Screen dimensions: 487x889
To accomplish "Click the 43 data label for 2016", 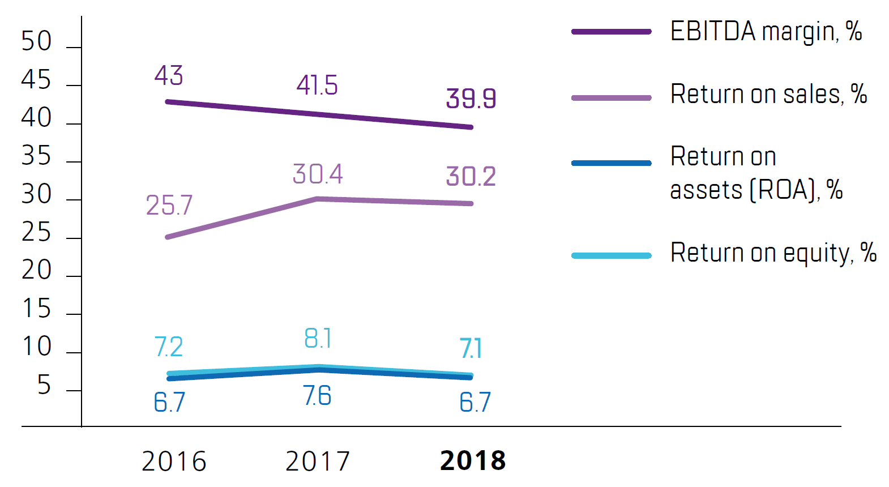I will pyautogui.click(x=169, y=75).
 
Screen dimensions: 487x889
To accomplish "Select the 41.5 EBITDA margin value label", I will pyautogui.click(x=317, y=86).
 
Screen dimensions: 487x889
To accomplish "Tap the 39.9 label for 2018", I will pyautogui.click(x=471, y=99).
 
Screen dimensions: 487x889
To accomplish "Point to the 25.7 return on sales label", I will pyautogui.click(x=169, y=205).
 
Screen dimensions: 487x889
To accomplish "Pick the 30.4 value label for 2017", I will pyautogui.click(x=318, y=174).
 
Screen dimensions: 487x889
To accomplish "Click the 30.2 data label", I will pyautogui.click(x=471, y=176).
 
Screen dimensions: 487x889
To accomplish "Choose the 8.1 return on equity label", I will pyautogui.click(x=318, y=339).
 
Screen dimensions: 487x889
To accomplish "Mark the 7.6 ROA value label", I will pyautogui.click(x=317, y=396).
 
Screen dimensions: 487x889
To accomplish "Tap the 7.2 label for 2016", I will pyautogui.click(x=169, y=347).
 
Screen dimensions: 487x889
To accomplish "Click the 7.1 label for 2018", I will pyautogui.click(x=471, y=348).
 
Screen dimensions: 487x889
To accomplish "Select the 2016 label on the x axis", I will pyautogui.click(x=174, y=461).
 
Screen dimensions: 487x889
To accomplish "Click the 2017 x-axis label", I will pyautogui.click(x=318, y=461).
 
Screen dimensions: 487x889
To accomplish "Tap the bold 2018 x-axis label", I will pyautogui.click(x=473, y=460).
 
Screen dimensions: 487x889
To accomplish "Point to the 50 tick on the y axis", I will pyautogui.click(x=36, y=41).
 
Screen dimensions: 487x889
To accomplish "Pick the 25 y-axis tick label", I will pyautogui.click(x=36, y=233).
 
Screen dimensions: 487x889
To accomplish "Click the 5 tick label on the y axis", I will pyautogui.click(x=44, y=386).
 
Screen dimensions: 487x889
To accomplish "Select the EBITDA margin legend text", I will pyautogui.click(x=766, y=32).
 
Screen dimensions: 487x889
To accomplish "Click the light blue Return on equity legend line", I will pyautogui.click(x=612, y=255).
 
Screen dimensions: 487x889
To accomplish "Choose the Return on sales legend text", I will pyautogui.click(x=768, y=95).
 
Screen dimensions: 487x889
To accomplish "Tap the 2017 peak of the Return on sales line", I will pyautogui.click(x=318, y=199).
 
